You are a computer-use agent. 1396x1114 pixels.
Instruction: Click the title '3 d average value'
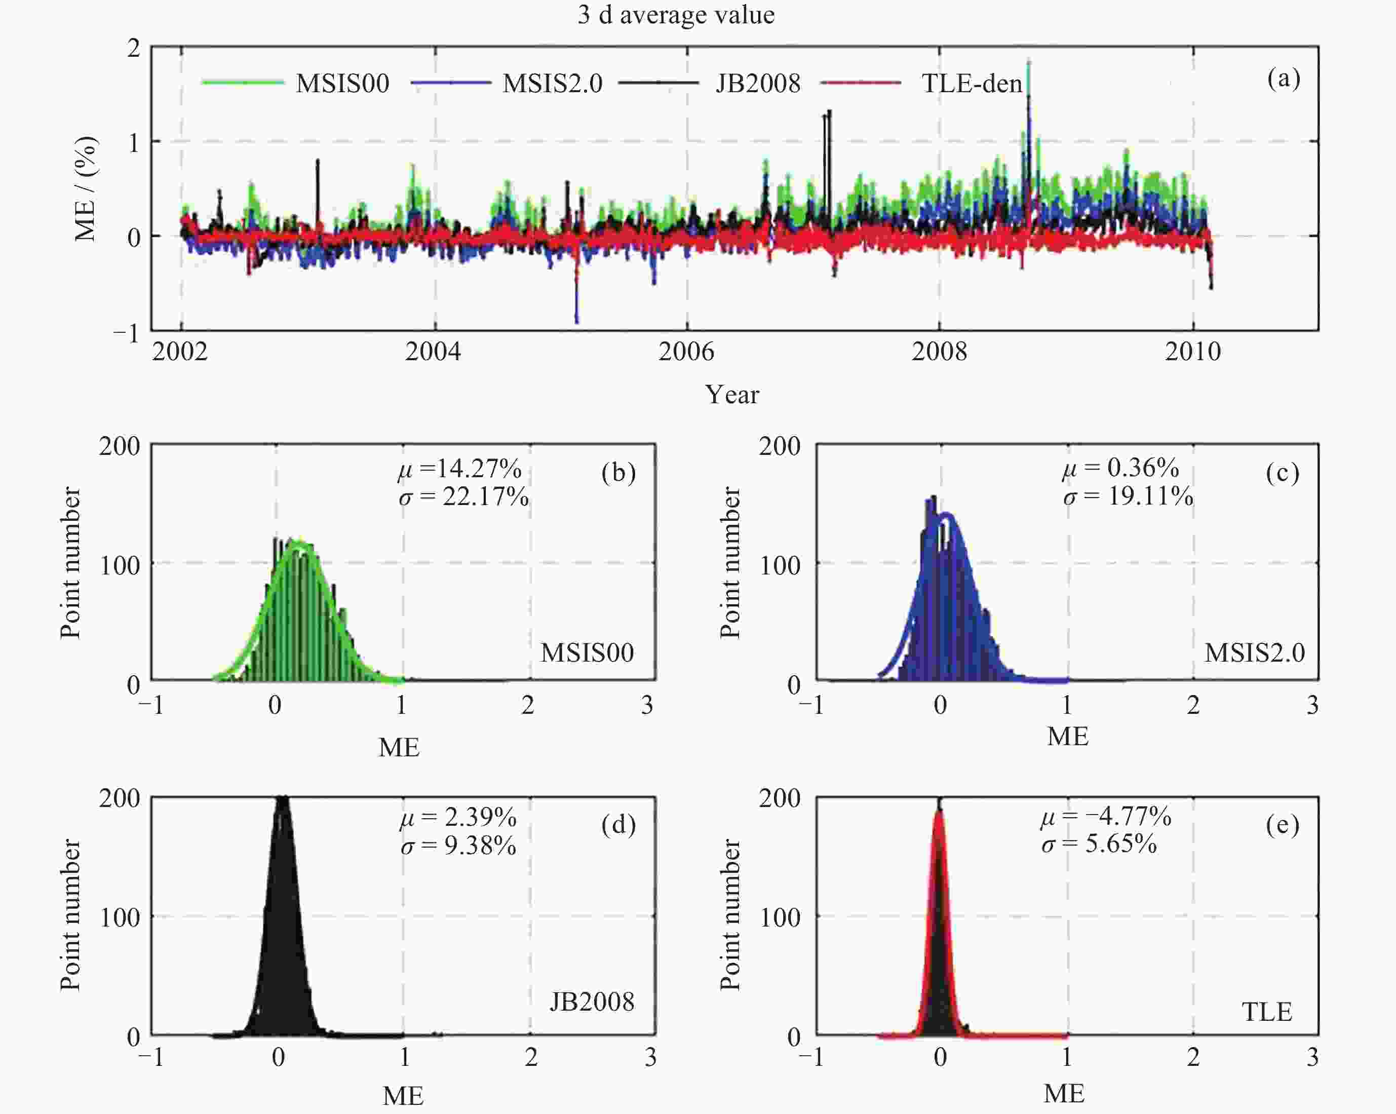click(x=676, y=14)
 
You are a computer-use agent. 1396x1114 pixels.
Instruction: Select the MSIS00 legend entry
click(x=342, y=84)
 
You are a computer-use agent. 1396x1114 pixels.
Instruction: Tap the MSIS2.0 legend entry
click(x=552, y=84)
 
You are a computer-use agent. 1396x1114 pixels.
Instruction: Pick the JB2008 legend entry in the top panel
click(x=758, y=84)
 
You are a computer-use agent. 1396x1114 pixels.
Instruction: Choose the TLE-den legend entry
click(x=971, y=84)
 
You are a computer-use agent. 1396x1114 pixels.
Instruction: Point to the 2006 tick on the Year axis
click(x=686, y=352)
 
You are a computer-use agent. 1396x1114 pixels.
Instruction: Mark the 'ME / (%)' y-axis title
click(x=86, y=188)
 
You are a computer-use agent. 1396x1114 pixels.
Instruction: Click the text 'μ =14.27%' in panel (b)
click(x=460, y=468)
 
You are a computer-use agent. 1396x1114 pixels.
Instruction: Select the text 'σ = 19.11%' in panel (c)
click(x=1128, y=497)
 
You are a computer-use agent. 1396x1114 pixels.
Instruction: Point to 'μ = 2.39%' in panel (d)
click(x=458, y=817)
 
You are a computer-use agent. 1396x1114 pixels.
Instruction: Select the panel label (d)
click(x=618, y=825)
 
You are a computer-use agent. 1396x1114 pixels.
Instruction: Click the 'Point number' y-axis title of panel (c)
click(x=730, y=563)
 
